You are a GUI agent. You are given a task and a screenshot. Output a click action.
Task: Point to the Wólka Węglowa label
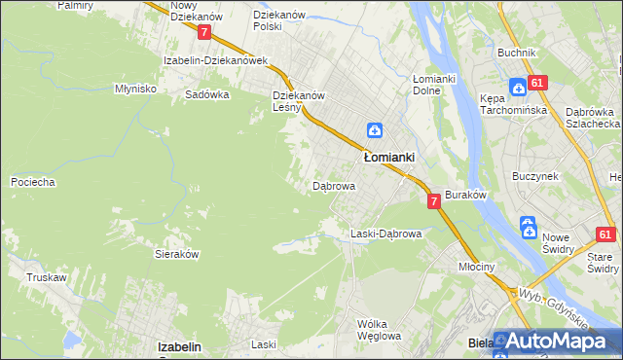point(379,329)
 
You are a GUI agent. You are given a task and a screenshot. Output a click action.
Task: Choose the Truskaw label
point(46,277)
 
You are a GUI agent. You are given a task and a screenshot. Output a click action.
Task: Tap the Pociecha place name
point(32,182)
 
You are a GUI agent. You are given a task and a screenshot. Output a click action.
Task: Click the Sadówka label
point(207,95)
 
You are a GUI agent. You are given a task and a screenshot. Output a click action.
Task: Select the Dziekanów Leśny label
point(298,101)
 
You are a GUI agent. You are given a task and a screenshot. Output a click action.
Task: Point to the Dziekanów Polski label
point(281,20)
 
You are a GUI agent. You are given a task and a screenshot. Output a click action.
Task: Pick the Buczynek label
point(534,176)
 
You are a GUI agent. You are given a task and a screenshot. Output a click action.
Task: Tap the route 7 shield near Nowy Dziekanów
point(203,32)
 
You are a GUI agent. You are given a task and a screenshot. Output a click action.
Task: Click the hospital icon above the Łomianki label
point(375,130)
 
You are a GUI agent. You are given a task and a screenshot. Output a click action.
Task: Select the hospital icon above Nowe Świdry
point(528,228)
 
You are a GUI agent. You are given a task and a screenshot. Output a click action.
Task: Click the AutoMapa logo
point(557,342)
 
